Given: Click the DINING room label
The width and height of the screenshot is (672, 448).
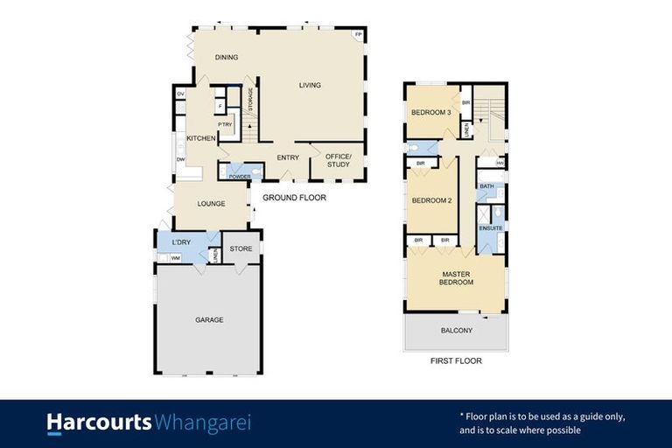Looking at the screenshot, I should (x=227, y=58).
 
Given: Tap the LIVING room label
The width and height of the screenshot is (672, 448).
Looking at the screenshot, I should (x=310, y=86).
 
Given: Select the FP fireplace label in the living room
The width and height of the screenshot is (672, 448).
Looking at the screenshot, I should (x=357, y=35).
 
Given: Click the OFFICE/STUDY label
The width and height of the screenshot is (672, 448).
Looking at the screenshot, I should (x=338, y=160).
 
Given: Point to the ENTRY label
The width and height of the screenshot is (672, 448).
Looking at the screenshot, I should (x=288, y=157).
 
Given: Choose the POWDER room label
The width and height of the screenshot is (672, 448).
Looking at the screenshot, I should (x=240, y=177).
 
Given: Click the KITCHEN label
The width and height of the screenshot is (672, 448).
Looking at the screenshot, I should (x=201, y=139).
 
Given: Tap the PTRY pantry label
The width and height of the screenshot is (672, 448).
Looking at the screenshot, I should (x=225, y=124).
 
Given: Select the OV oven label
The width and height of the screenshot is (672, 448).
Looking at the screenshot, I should (x=180, y=94).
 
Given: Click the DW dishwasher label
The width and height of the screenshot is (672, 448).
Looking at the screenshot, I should (x=181, y=159).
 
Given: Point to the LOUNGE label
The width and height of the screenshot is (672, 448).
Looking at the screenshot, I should (x=211, y=204).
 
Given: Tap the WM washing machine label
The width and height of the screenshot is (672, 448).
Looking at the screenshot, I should (x=175, y=257).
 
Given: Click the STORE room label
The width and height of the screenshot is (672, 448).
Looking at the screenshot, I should (x=241, y=248).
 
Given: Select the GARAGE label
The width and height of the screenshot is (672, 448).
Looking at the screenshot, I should (x=209, y=320).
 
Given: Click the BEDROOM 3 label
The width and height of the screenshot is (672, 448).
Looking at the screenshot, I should (x=431, y=113).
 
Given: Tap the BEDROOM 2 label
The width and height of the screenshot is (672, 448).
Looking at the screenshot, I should (x=431, y=200).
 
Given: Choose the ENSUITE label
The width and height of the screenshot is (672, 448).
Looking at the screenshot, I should (x=491, y=227).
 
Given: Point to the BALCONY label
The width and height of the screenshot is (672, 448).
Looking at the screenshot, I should (x=455, y=331).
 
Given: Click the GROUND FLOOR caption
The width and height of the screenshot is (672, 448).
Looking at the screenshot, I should (x=294, y=198).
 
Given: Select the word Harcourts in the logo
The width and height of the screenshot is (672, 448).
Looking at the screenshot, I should (x=99, y=423).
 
